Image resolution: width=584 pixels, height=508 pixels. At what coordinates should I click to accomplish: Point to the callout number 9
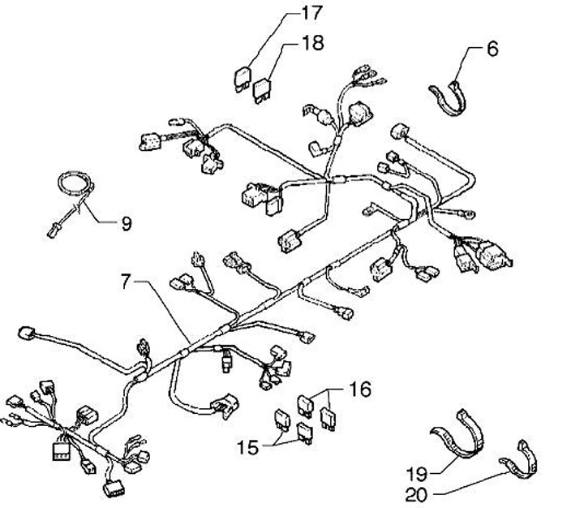[126, 223]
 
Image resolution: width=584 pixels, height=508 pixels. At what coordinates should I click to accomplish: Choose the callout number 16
[361, 390]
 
